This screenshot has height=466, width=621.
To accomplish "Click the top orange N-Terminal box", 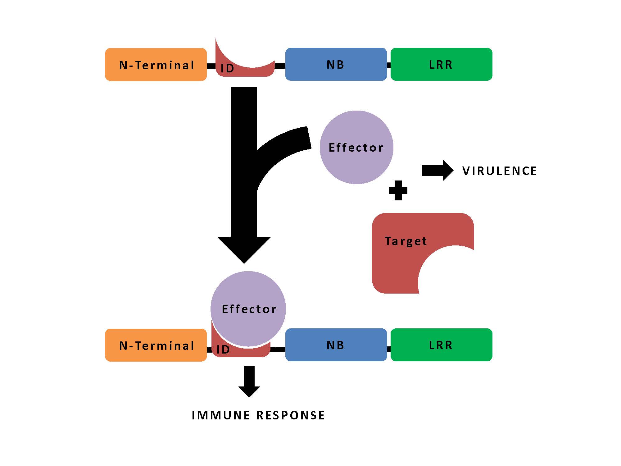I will click(156, 65).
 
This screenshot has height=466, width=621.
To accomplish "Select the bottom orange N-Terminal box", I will click(156, 345).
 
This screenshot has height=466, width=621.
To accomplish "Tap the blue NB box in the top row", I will click(336, 64).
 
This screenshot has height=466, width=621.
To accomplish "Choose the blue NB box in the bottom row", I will click(336, 345).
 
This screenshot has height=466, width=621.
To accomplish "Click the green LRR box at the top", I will click(441, 64).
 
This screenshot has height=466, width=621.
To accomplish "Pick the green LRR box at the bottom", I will click(441, 345).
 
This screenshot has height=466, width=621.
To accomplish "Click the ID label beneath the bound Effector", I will click(223, 350).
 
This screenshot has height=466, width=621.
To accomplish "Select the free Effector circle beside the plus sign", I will click(356, 147).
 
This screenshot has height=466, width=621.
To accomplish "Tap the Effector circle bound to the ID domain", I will click(248, 309).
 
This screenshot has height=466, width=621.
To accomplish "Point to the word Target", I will click(406, 241).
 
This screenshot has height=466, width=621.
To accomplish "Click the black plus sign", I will click(398, 190).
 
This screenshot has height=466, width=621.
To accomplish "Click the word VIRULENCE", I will click(500, 171).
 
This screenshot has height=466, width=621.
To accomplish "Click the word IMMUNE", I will click(221, 415).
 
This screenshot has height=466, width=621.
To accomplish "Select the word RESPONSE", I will click(291, 415).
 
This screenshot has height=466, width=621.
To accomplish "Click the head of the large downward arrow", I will click(244, 249).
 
